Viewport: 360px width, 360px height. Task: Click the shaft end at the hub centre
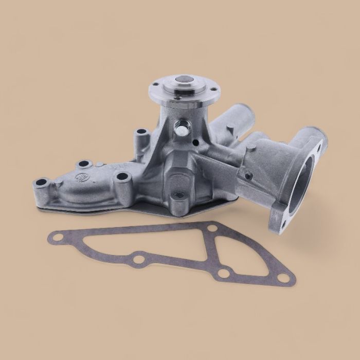[183, 80]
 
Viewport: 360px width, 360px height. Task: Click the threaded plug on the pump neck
[181, 131]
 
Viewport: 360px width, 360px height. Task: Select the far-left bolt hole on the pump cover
[42, 182]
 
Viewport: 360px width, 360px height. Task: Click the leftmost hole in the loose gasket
[55, 238]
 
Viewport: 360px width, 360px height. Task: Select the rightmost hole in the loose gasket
[282, 278]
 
